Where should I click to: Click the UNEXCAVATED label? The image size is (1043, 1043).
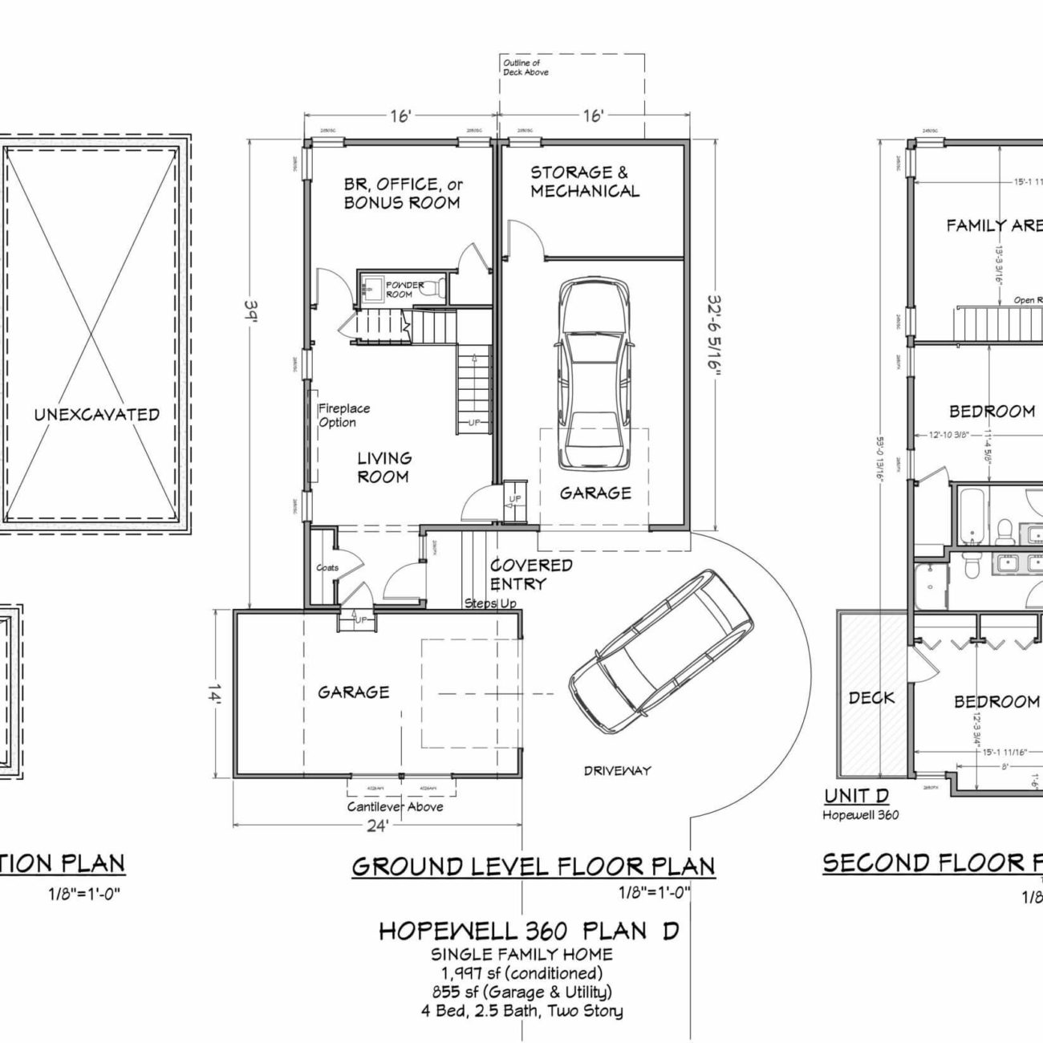click(x=96, y=415)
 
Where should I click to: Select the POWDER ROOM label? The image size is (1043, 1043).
click(x=404, y=290)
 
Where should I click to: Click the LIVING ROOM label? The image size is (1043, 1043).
click(x=384, y=468)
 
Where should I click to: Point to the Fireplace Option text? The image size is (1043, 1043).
click(x=344, y=416)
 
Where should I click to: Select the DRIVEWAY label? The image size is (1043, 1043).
click(x=617, y=771)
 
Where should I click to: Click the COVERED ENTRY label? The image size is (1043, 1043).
click(x=531, y=574)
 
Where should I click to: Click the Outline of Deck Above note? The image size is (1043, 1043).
click(x=526, y=67)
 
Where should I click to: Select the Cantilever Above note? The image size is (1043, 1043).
click(x=395, y=807)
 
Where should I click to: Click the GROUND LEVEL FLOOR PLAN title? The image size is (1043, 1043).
click(x=533, y=866)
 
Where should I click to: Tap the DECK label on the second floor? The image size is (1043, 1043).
click(x=871, y=698)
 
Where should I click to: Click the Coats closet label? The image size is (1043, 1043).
click(x=327, y=567)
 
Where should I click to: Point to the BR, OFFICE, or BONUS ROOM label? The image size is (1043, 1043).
click(x=403, y=193)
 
